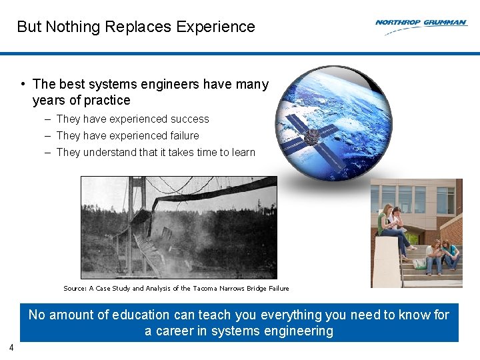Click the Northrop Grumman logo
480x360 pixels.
click(x=421, y=23)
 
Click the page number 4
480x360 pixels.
click(x=11, y=347)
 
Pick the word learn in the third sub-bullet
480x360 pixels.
click(x=243, y=153)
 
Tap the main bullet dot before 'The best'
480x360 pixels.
click(x=23, y=84)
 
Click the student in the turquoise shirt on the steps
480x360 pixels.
click(x=452, y=253)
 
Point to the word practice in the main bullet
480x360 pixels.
click(x=107, y=101)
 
